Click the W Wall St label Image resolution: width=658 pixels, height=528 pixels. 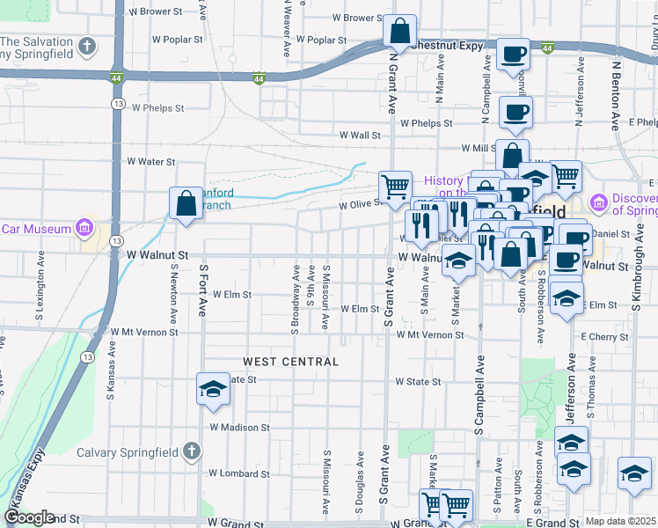(x=360, y=136)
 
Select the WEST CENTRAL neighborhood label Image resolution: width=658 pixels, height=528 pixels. (x=290, y=362)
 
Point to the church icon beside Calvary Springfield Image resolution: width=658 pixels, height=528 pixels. (x=193, y=452)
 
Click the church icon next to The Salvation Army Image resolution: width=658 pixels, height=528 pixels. (x=86, y=45)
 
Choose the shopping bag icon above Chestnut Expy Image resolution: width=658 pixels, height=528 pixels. (x=399, y=32)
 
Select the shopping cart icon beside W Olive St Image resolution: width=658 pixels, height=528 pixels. (x=395, y=186)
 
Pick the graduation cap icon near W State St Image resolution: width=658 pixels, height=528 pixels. (x=212, y=389)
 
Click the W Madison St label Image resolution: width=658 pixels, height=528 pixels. (x=239, y=428)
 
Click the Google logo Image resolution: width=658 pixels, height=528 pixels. (x=29, y=517)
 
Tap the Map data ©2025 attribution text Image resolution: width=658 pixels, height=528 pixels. (x=621, y=521)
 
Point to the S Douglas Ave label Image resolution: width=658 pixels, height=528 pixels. (x=360, y=484)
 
